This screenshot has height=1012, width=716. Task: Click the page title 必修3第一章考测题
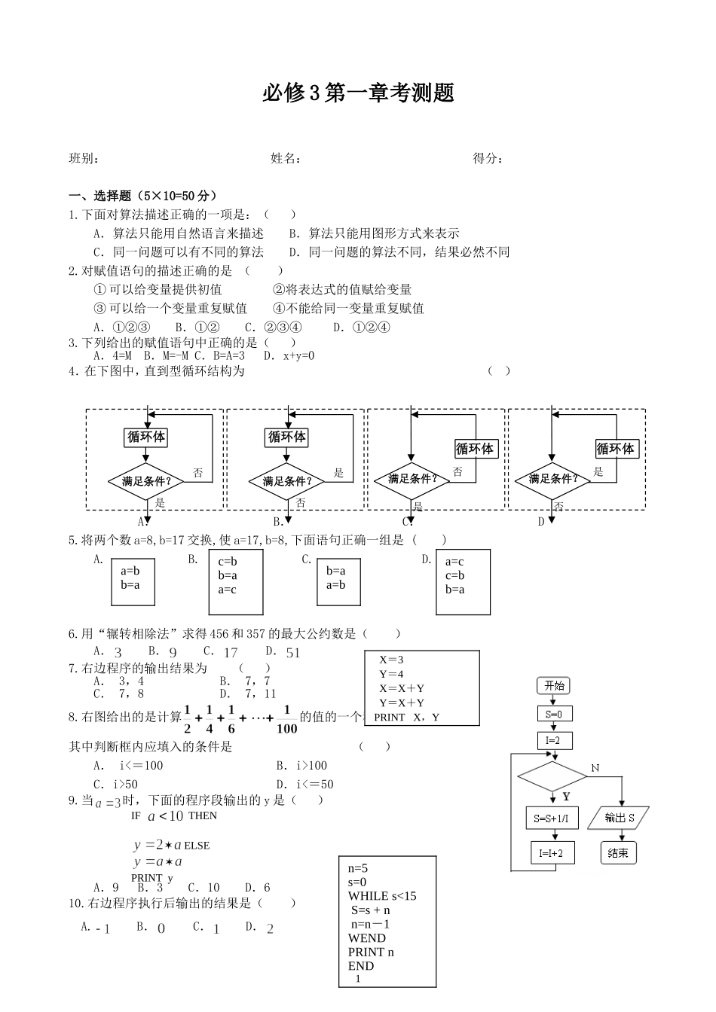pos(358,93)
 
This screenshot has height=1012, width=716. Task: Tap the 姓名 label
pos(286,158)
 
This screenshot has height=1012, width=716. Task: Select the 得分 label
pos(487,158)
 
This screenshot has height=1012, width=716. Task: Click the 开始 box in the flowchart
pos(554,685)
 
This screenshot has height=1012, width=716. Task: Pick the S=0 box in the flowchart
pos(554,713)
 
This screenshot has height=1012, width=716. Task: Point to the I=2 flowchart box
pos(554,740)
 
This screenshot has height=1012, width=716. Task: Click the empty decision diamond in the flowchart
pos(552,776)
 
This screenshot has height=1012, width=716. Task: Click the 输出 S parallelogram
pos(620,818)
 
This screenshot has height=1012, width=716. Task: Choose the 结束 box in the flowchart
pos(618,853)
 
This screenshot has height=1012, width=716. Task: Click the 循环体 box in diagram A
pos(145,437)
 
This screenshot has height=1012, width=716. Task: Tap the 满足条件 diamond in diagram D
pos(553,479)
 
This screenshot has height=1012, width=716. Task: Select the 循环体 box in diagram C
pos(475,449)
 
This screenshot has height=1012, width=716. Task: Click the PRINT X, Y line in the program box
pos(407,717)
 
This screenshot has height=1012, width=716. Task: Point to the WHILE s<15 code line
pos(382,896)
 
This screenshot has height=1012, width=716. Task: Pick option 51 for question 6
pos(292,653)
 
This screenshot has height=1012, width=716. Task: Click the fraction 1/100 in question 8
pos(287,719)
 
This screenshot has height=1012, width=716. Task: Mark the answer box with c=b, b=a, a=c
pos(236,581)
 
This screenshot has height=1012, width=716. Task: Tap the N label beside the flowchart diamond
pos(595,767)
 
